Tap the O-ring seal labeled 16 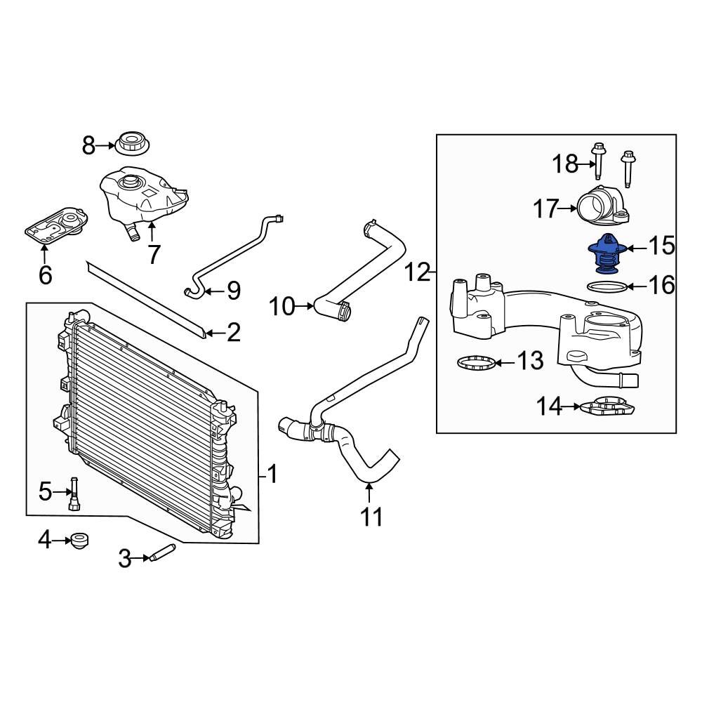pos(605,286)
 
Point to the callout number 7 pos(154,255)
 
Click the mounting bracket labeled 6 pos(55,224)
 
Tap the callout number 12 pos(418,272)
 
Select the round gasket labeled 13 pos(473,363)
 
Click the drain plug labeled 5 pos(74,492)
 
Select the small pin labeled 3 pos(161,552)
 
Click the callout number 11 pos(371,517)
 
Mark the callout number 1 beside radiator pos(272,475)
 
